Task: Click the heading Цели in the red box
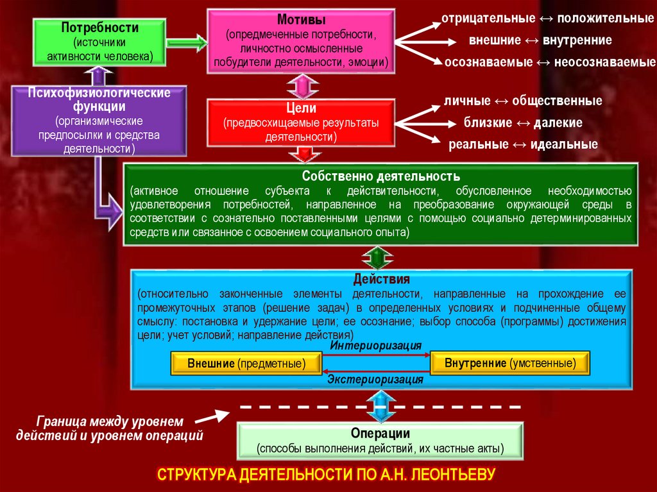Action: pos(301,108)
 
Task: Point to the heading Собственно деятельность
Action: pos(381,176)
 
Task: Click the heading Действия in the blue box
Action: pos(381,280)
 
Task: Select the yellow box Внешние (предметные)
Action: pos(246,364)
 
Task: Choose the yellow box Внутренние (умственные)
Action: pos(510,363)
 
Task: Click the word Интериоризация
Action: pos(376,346)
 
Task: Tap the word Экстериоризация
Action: pos(376,380)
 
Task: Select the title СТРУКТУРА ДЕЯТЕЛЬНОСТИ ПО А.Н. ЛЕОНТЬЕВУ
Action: pos(327,475)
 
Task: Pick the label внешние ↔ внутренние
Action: pos(540,40)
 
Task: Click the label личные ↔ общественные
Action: pos(523,101)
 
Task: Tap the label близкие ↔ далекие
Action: pos(523,123)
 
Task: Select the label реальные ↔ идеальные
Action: pos(523,144)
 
